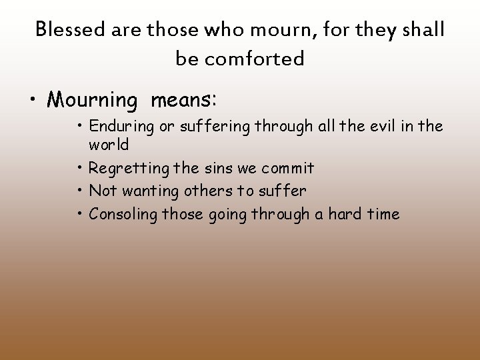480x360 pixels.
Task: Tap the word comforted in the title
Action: tap(255, 59)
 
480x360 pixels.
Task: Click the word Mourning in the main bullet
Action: tap(91, 101)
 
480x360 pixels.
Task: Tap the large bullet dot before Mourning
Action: tap(33, 101)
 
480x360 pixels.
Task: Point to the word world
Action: tap(109, 145)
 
